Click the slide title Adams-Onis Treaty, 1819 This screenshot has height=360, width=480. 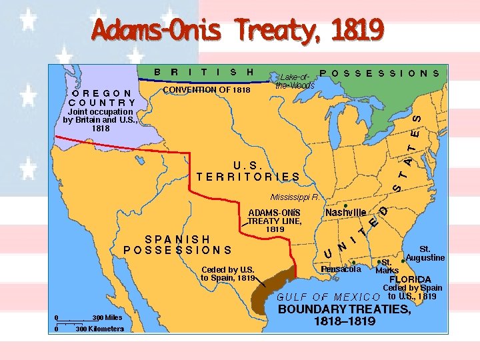pyautogui.click(x=238, y=29)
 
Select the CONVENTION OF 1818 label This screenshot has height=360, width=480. pyautogui.click(x=207, y=90)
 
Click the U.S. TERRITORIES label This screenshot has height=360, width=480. pyautogui.click(x=248, y=171)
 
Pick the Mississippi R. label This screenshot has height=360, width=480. pyautogui.click(x=294, y=197)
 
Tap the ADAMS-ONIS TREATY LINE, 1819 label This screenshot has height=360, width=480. pyautogui.click(x=275, y=220)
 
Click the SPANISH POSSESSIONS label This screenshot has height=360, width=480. pyautogui.click(x=178, y=245)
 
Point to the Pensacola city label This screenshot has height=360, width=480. pyautogui.click(x=340, y=269)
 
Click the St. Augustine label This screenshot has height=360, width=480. pyautogui.click(x=425, y=253)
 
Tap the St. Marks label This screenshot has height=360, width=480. pyautogui.click(x=387, y=266)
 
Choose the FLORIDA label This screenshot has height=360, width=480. pyautogui.click(x=410, y=279)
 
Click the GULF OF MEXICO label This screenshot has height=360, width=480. pyautogui.click(x=328, y=296)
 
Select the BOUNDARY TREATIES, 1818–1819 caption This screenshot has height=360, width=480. pyautogui.click(x=344, y=315)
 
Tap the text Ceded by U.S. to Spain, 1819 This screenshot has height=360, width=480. pyautogui.click(x=227, y=273)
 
